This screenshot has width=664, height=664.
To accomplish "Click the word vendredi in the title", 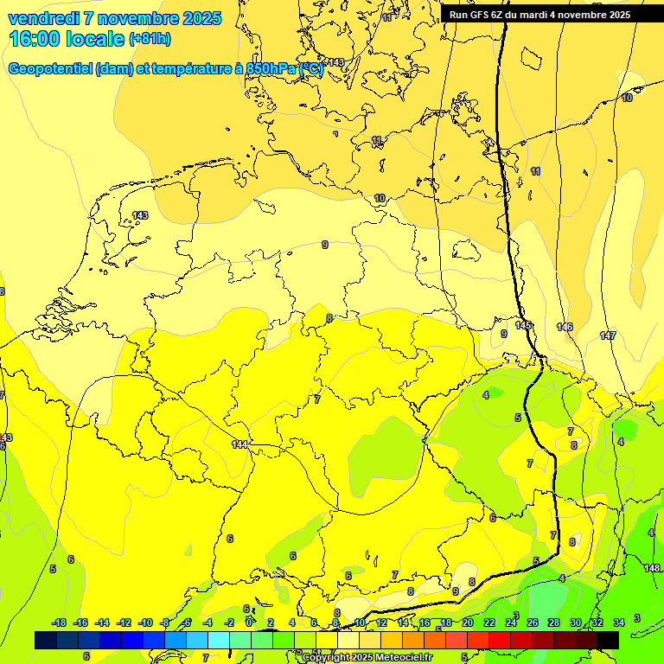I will [43, 18].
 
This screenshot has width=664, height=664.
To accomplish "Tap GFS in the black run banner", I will [487, 15].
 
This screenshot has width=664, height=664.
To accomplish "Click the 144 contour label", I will [240, 444].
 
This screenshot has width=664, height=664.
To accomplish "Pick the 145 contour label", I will [523, 325].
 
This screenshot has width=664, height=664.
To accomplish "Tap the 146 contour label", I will [565, 327].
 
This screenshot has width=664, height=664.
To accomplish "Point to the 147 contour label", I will [608, 335].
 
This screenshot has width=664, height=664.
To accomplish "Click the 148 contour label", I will [653, 568].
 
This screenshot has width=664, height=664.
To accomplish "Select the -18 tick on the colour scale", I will [59, 622].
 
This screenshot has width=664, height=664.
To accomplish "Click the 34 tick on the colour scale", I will [618, 622].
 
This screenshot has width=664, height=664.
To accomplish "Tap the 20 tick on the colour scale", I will [468, 622].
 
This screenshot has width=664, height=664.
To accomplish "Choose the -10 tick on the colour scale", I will [145, 622].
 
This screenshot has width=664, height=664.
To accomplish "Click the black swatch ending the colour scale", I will [607, 640].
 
